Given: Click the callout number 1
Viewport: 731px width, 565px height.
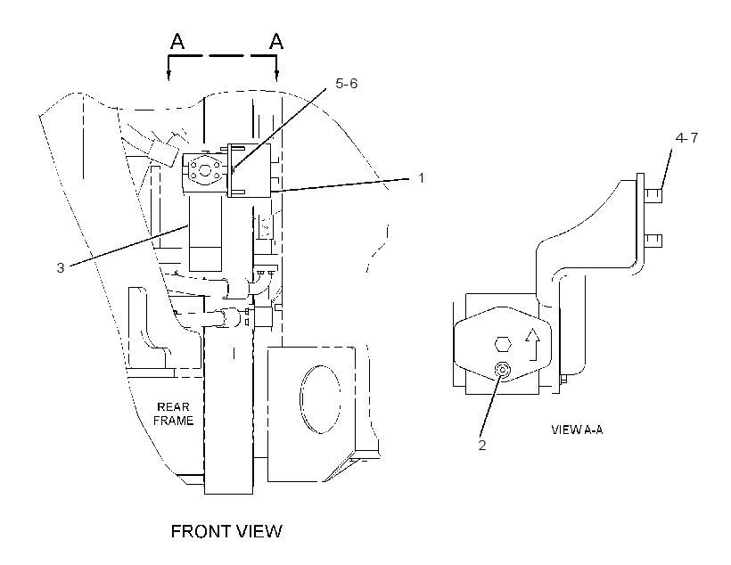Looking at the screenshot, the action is point(421,178).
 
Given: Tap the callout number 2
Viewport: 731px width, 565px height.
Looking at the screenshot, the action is point(482,446).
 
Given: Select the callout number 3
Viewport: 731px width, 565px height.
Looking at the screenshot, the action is point(60,268).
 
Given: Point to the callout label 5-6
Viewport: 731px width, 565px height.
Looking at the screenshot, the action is point(347,84).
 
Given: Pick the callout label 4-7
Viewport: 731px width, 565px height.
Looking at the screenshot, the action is point(686,138).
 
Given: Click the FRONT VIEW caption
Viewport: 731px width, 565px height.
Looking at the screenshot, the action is point(226,531).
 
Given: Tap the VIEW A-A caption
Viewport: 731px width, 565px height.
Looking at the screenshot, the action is point(577,430).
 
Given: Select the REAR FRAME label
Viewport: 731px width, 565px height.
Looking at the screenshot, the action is point(174,414).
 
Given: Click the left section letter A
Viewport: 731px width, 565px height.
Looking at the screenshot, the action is point(177,41).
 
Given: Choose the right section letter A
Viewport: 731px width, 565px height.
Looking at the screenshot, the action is point(276,41).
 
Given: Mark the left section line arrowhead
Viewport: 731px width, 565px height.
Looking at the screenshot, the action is point(168,75).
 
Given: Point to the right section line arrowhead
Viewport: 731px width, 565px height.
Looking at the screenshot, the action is point(277,75).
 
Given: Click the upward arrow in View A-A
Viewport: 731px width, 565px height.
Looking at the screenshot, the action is point(532,344).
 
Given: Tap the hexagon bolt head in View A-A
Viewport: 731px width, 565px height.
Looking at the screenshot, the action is point(503,345).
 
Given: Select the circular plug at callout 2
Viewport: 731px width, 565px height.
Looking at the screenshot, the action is point(503,370).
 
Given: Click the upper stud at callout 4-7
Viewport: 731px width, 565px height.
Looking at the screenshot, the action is point(653,195).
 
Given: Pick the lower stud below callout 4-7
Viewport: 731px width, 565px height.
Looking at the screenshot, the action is point(653,241).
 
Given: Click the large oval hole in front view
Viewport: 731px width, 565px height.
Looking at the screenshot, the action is point(320,399).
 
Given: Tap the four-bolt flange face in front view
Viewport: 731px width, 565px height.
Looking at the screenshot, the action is point(205,170).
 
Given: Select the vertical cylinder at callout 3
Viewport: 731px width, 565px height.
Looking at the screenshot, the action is point(205,233).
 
